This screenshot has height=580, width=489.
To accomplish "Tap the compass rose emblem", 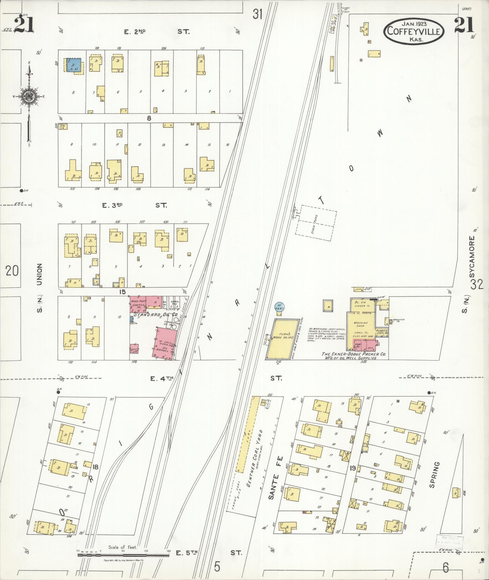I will pos(29,97).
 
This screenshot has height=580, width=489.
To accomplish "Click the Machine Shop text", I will pos(360,325).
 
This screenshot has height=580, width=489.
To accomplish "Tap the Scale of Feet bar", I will pos(123,555).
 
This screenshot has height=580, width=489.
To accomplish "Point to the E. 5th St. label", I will pos(209,552).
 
